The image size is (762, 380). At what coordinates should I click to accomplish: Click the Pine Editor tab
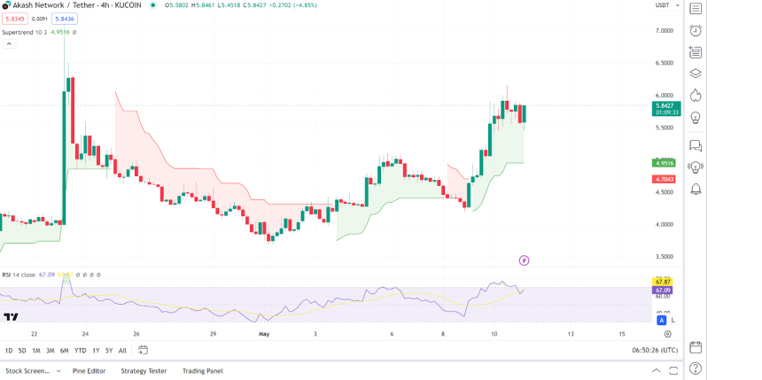coord(89,371)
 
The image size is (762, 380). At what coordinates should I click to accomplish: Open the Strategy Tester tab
coord(144,371)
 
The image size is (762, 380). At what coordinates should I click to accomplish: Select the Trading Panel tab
coord(202,371)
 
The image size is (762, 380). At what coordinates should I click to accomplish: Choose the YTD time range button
coord(80,351)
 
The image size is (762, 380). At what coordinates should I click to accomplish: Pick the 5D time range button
coord(22,351)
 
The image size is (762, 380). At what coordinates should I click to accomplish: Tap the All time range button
coord(122,351)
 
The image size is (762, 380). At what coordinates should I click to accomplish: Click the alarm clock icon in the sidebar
coord(696,30)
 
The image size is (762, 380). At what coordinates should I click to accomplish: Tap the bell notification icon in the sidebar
coord(696,190)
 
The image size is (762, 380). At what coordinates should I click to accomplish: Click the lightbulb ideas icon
coord(696,117)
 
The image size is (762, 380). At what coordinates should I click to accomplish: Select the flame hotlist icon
coord(696,95)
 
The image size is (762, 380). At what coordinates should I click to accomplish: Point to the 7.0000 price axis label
coord(664,30)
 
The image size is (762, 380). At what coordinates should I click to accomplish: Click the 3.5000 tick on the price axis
coord(664,257)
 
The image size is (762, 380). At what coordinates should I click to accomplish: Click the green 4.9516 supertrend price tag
coord(664,163)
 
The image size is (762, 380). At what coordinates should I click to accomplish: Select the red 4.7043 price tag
coord(664,179)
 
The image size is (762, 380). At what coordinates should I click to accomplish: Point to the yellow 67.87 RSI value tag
coord(664,282)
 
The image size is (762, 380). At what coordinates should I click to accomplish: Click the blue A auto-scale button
coord(661,320)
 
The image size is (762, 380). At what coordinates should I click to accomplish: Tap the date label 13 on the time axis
coord(571,334)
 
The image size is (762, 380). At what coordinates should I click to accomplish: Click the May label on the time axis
coord(263,334)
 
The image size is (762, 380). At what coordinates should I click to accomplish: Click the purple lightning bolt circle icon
coord(525,260)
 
